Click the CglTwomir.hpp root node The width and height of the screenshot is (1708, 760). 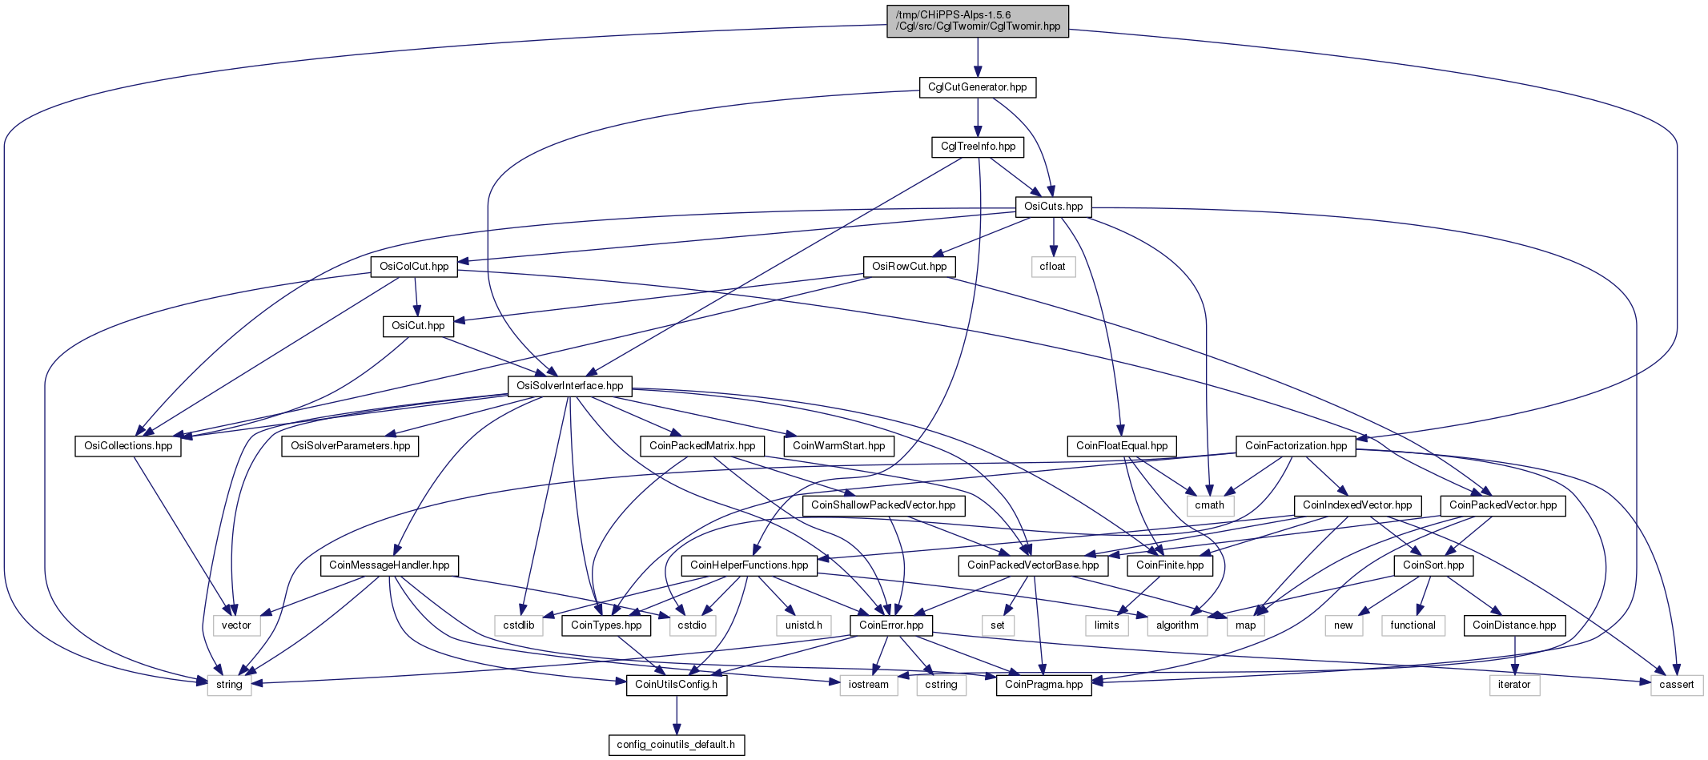pyautogui.click(x=977, y=20)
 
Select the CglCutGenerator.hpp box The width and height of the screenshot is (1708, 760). pyautogui.click(x=977, y=87)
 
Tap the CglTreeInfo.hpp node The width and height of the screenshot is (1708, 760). pyautogui.click(x=978, y=147)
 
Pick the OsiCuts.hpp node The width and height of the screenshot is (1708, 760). pyautogui.click(x=1054, y=207)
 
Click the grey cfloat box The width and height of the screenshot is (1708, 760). pyautogui.click(x=1053, y=267)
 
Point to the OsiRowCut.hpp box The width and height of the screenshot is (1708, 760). pyautogui.click(x=910, y=267)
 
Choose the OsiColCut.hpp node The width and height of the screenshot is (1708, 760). pyautogui.click(x=414, y=267)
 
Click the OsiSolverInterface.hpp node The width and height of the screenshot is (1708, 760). pyautogui.click(x=569, y=386)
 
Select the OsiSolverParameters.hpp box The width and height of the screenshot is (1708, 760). pyautogui.click(x=350, y=446)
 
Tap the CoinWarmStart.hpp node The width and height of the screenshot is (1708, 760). pyautogui.click(x=838, y=446)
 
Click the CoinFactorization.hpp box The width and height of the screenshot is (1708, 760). pyautogui.click(x=1296, y=446)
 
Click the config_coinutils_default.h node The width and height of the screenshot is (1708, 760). pyautogui.click(x=677, y=745)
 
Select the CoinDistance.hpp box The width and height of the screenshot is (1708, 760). pyautogui.click(x=1514, y=625)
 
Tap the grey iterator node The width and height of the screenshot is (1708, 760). pyautogui.click(x=1514, y=685)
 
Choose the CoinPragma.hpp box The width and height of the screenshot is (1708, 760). pyautogui.click(x=1044, y=685)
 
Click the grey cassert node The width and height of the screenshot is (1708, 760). pyautogui.click(x=1677, y=685)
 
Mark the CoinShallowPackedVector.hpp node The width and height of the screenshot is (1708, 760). pyautogui.click(x=883, y=505)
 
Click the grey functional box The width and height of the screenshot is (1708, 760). pyautogui.click(x=1413, y=625)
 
